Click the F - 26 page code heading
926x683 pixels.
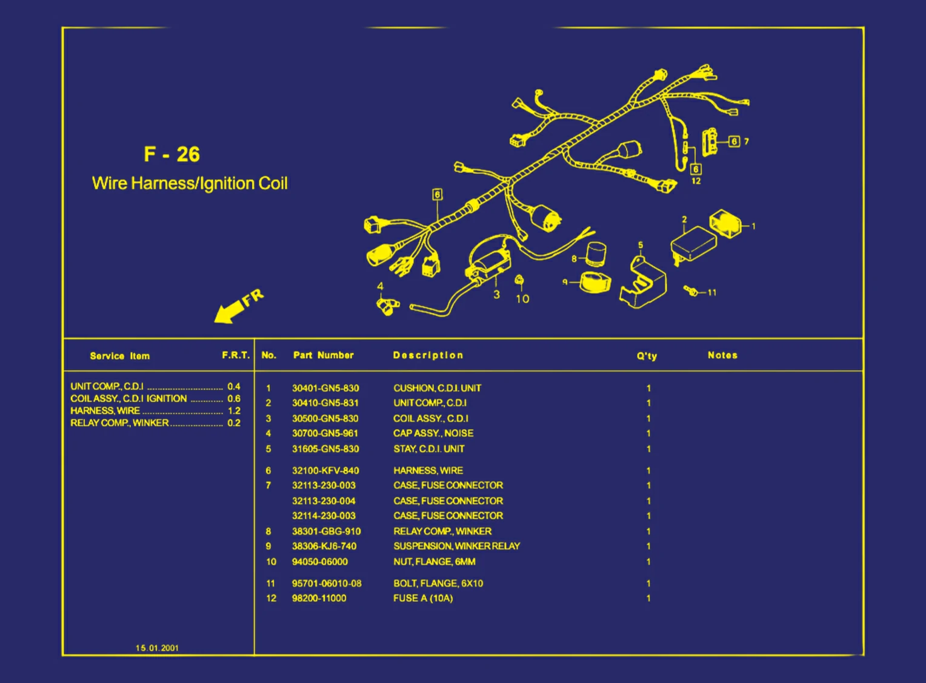pyautogui.click(x=172, y=155)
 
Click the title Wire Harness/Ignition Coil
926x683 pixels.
pyautogui.click(x=190, y=184)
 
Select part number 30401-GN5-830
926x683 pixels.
pyautogui.click(x=325, y=388)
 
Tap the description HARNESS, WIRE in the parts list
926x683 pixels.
pyautogui.click(x=427, y=471)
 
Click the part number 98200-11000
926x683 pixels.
pyautogui.click(x=319, y=598)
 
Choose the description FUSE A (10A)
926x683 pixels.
pyautogui.click(x=422, y=598)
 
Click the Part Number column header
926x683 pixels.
pyautogui.click(x=323, y=355)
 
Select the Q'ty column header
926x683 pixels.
pyautogui.click(x=646, y=356)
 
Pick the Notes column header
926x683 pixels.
pyautogui.click(x=722, y=355)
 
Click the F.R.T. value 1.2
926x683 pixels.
pyautogui.click(x=234, y=411)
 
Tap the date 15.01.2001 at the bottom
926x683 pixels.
pyautogui.click(x=157, y=648)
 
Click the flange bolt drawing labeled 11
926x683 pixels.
pyautogui.click(x=691, y=290)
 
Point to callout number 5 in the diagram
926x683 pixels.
pyautogui.click(x=641, y=245)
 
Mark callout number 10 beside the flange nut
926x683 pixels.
pyautogui.click(x=522, y=299)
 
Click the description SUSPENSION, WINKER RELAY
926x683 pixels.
pyautogui.click(x=456, y=546)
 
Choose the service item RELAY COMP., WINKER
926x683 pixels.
pyautogui.click(x=119, y=423)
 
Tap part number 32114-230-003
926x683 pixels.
pyautogui.click(x=324, y=516)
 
